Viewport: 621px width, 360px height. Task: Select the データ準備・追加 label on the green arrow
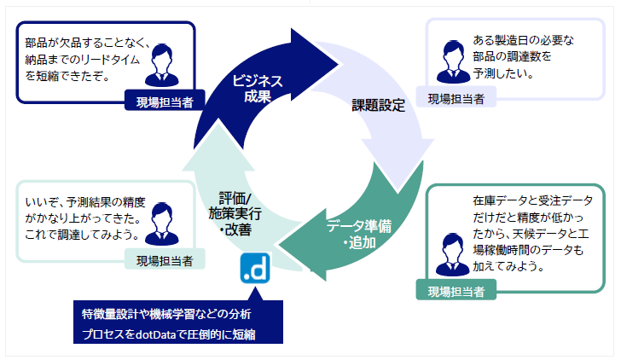tap(359, 235)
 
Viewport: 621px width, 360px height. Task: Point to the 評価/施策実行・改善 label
tap(235, 212)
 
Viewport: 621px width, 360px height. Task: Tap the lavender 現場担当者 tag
tap(456, 98)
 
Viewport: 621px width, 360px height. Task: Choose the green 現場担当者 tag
tap(456, 291)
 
